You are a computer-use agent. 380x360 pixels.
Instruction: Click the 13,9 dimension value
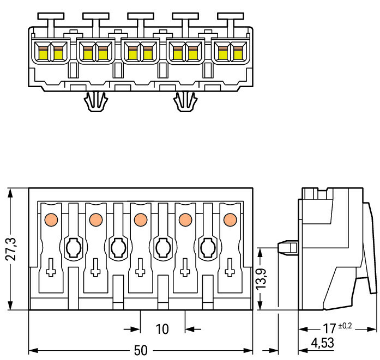262,278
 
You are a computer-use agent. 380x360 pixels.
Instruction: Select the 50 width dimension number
141,350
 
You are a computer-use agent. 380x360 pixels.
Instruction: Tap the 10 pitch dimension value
162,329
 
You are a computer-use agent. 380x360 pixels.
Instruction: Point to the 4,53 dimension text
322,343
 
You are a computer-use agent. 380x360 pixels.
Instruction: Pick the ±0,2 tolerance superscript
345,326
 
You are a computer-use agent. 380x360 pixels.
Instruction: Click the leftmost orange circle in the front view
51,219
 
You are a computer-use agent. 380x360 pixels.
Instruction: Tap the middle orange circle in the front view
140,219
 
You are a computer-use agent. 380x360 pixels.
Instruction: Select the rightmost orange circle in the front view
230,219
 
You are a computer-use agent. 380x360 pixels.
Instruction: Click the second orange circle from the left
95,219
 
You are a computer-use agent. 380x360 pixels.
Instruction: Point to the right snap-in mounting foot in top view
186,101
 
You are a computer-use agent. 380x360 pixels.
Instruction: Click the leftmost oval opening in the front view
73,248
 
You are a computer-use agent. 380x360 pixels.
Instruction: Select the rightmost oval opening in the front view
207,248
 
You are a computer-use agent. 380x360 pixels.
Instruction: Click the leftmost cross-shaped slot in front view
51,267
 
